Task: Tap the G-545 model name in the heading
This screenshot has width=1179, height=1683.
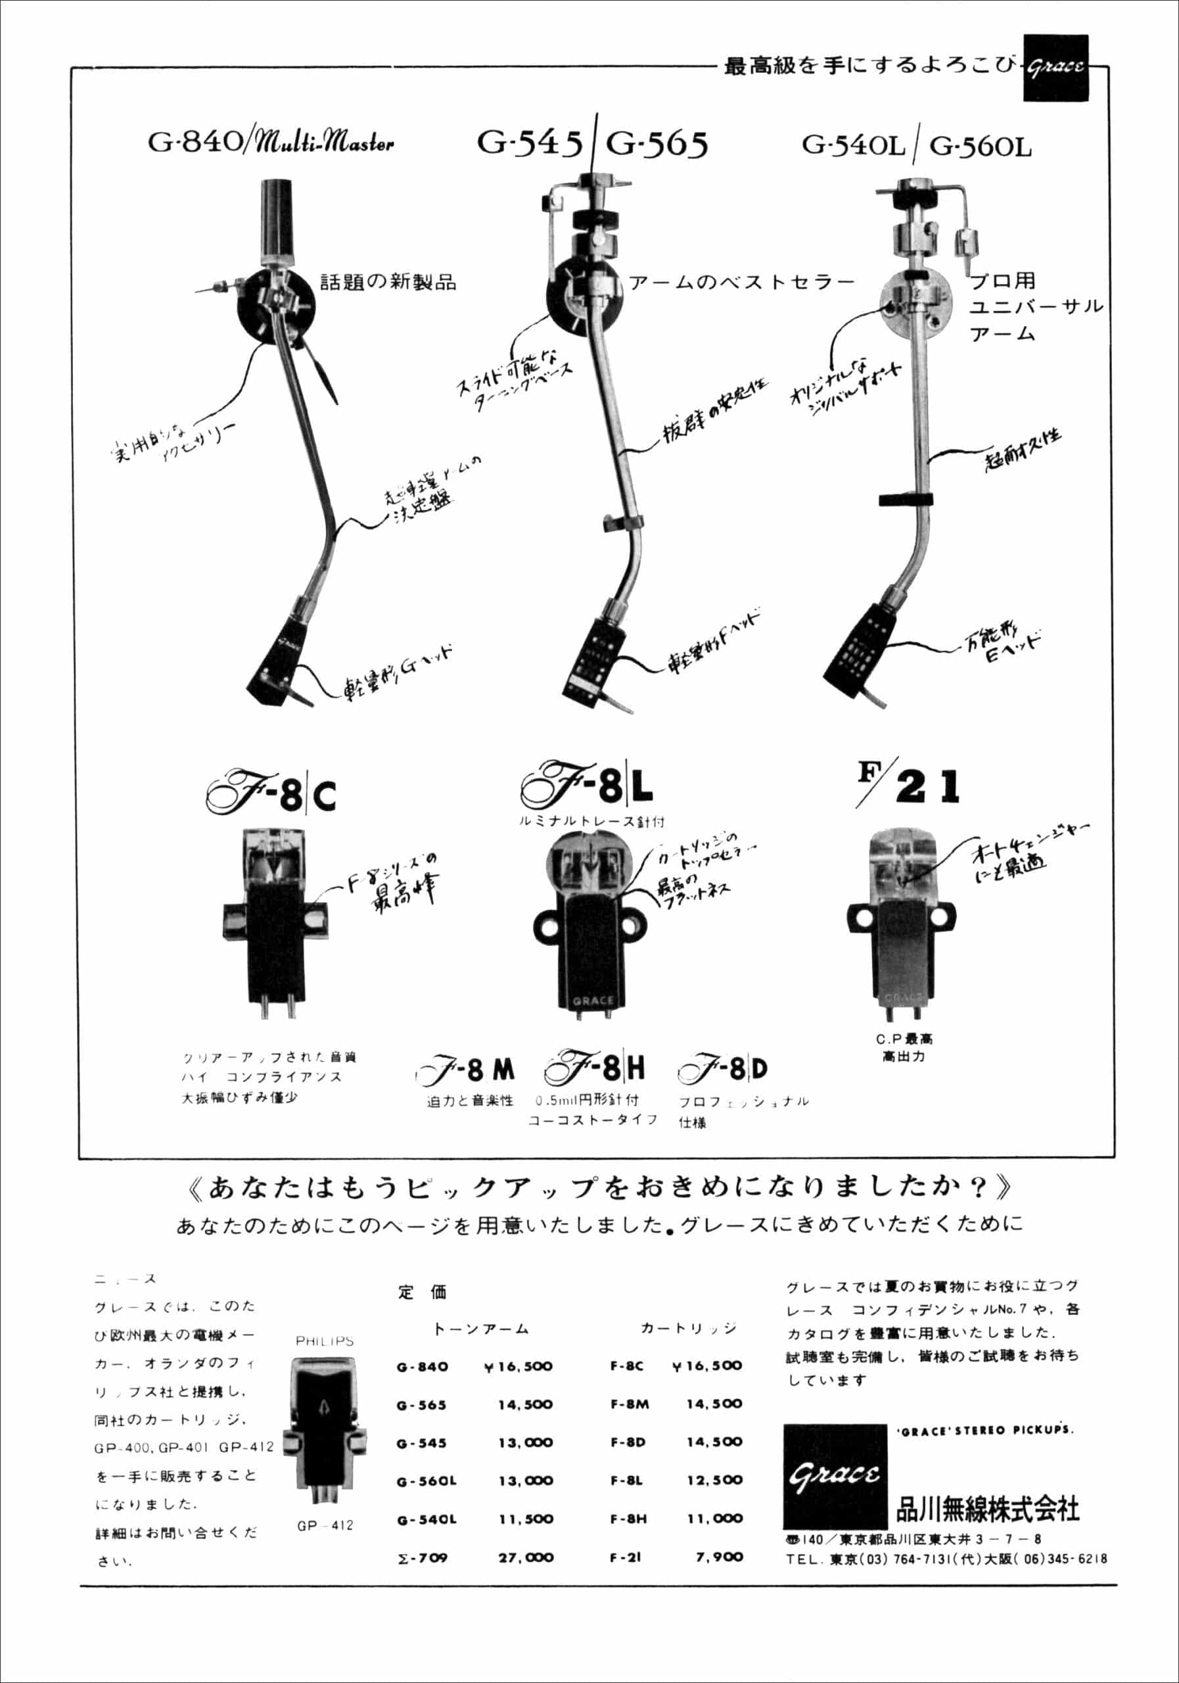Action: click(530, 142)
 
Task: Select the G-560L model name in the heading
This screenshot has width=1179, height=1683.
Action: click(981, 147)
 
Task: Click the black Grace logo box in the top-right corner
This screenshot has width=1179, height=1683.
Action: click(1055, 68)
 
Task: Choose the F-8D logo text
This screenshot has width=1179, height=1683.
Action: click(722, 1070)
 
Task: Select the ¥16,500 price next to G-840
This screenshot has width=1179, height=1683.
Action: click(518, 1367)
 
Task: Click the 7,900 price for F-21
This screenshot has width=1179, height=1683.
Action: click(719, 1556)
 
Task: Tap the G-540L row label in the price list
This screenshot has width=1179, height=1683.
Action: click(427, 1519)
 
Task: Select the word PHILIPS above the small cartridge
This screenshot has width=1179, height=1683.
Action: click(325, 1341)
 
